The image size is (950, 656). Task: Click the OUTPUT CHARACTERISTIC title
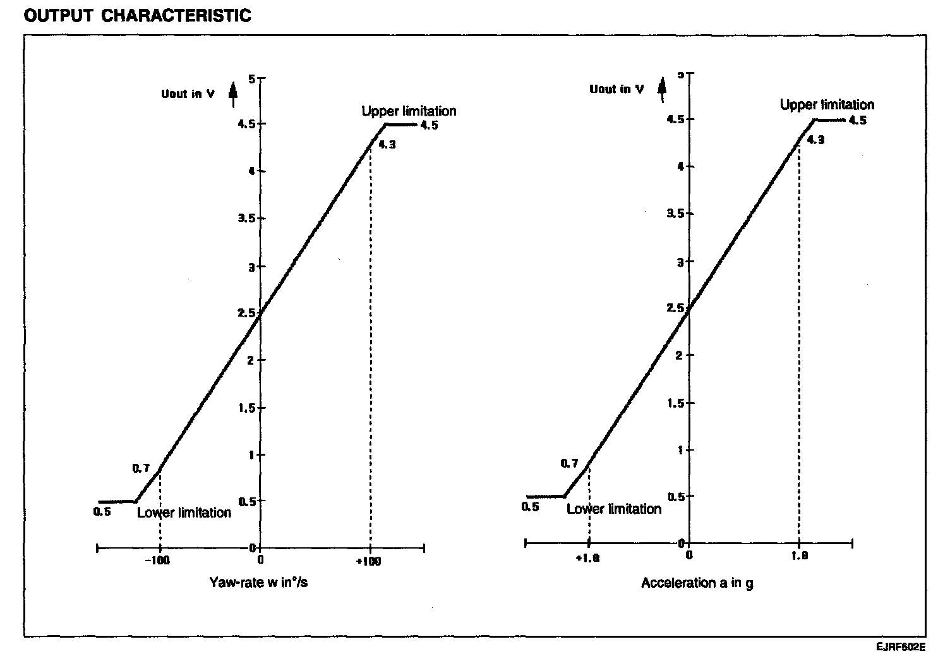[x=137, y=16]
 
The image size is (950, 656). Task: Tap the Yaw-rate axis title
[x=258, y=583]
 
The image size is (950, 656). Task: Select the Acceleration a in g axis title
[x=697, y=583]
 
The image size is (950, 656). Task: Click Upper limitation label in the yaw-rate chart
[x=409, y=111]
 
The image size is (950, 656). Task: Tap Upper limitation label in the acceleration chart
[x=827, y=105]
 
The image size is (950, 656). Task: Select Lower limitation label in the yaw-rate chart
[x=184, y=513]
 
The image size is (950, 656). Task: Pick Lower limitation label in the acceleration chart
[x=614, y=509]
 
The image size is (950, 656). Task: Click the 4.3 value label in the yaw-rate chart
[x=387, y=145]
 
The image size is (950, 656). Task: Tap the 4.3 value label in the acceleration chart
[x=815, y=140]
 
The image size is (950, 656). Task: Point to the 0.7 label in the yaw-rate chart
[x=141, y=468]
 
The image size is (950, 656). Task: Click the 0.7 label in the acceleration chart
[x=569, y=463]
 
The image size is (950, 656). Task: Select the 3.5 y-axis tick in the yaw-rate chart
[x=248, y=219]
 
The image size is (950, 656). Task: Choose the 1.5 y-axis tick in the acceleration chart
[x=677, y=403]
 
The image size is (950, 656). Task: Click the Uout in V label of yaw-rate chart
[x=188, y=94]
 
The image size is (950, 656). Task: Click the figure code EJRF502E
[x=900, y=647]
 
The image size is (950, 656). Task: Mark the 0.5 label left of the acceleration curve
[x=531, y=507]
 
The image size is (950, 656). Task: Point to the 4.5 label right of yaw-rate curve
[x=429, y=125]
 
